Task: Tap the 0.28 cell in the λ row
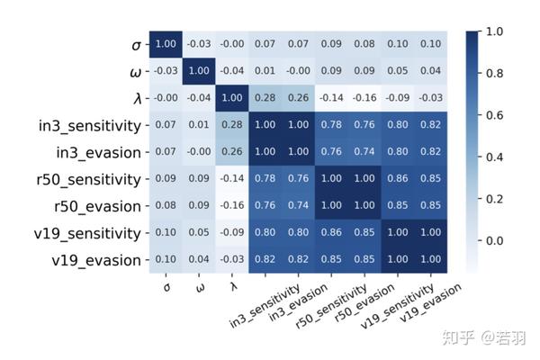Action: click(265, 97)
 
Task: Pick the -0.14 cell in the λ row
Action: click(332, 97)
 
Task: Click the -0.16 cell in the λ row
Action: click(364, 97)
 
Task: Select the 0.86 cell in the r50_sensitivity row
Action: click(397, 179)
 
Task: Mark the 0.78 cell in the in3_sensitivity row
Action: click(332, 124)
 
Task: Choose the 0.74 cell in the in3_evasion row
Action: click(364, 151)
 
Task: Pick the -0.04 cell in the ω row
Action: click(231, 70)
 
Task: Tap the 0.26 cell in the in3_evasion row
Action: click(231, 151)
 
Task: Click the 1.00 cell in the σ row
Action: click(166, 43)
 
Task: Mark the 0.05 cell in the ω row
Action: click(397, 70)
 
